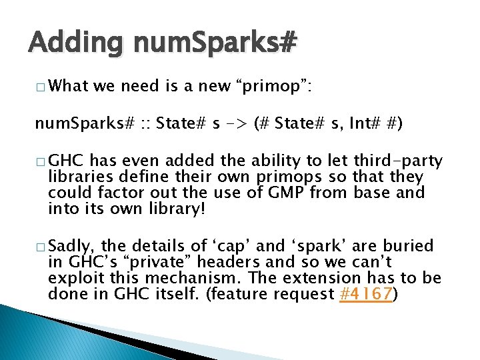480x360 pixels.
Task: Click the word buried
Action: coord(408,246)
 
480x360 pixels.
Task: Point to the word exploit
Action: coord(72,278)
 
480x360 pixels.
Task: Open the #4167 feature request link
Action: coord(365,294)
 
